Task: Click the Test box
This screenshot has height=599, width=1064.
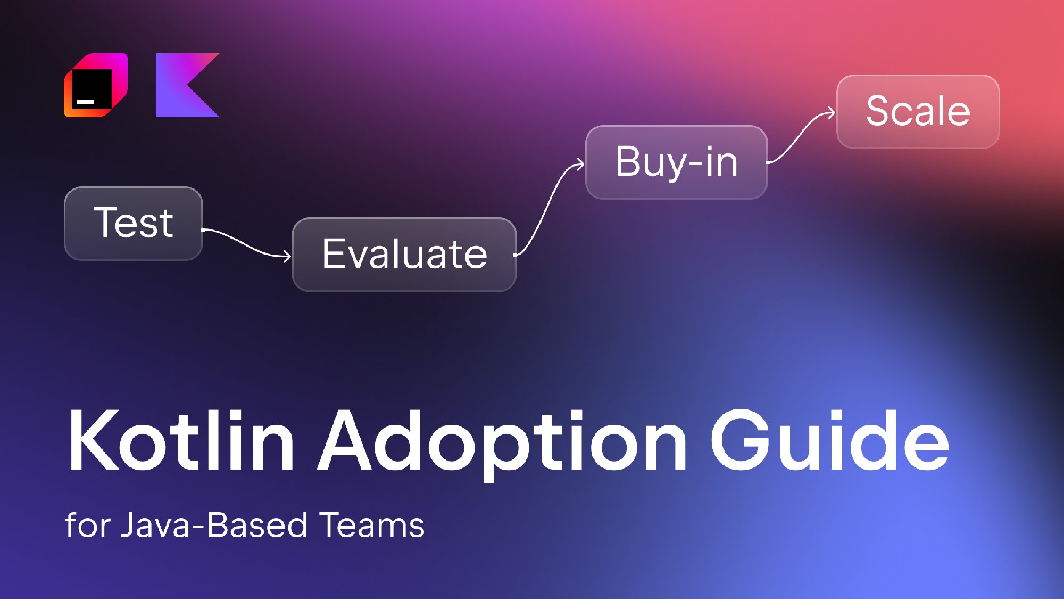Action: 134,224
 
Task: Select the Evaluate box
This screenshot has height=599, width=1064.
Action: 404,255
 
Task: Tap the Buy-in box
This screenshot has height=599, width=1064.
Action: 676,162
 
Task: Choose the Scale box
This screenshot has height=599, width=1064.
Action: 918,112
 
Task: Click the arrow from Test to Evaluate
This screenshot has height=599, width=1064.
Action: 246,243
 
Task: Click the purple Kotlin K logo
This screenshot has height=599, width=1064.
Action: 187,85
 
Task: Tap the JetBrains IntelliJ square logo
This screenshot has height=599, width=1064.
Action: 96,85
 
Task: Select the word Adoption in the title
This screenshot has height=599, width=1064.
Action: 503,445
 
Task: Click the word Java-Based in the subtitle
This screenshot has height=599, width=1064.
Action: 214,525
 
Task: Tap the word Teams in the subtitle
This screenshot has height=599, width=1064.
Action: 372,525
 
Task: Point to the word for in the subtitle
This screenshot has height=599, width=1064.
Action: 88,525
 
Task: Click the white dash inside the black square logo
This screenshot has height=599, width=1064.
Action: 86,101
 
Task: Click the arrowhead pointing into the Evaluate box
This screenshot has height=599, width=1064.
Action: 287,257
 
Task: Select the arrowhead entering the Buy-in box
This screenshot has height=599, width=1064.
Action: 579,165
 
